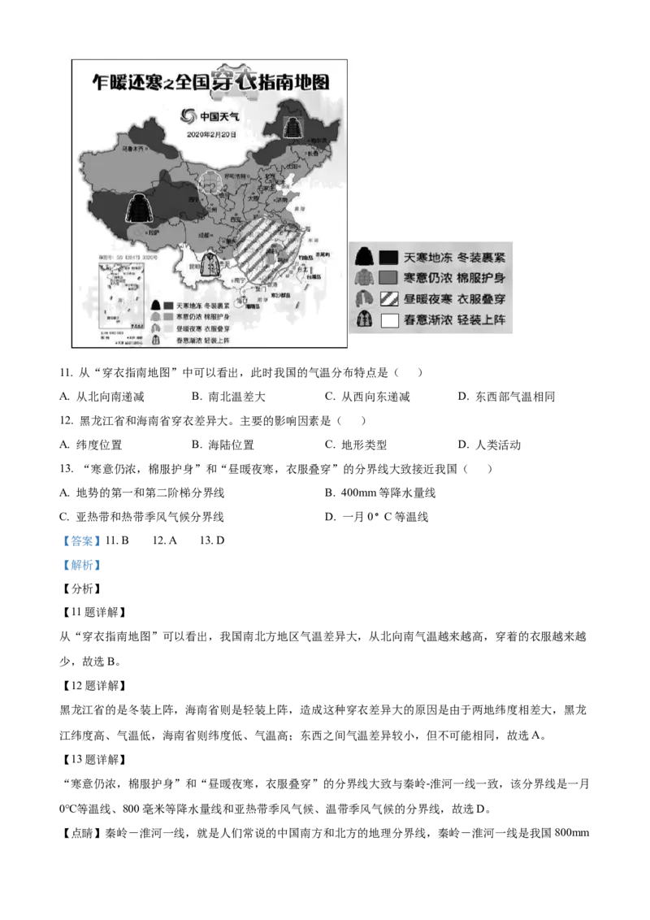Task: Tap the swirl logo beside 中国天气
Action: pos(189,116)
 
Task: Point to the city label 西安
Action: pos(237,219)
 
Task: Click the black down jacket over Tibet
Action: pos(140,208)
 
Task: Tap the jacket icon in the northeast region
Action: pos(292,128)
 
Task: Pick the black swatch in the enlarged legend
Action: pos(389,257)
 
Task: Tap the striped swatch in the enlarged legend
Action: pos(389,298)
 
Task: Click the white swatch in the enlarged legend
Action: pos(389,319)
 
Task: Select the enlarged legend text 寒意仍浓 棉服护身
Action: pos(453,278)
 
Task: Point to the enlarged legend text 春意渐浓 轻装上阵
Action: pos(453,319)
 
